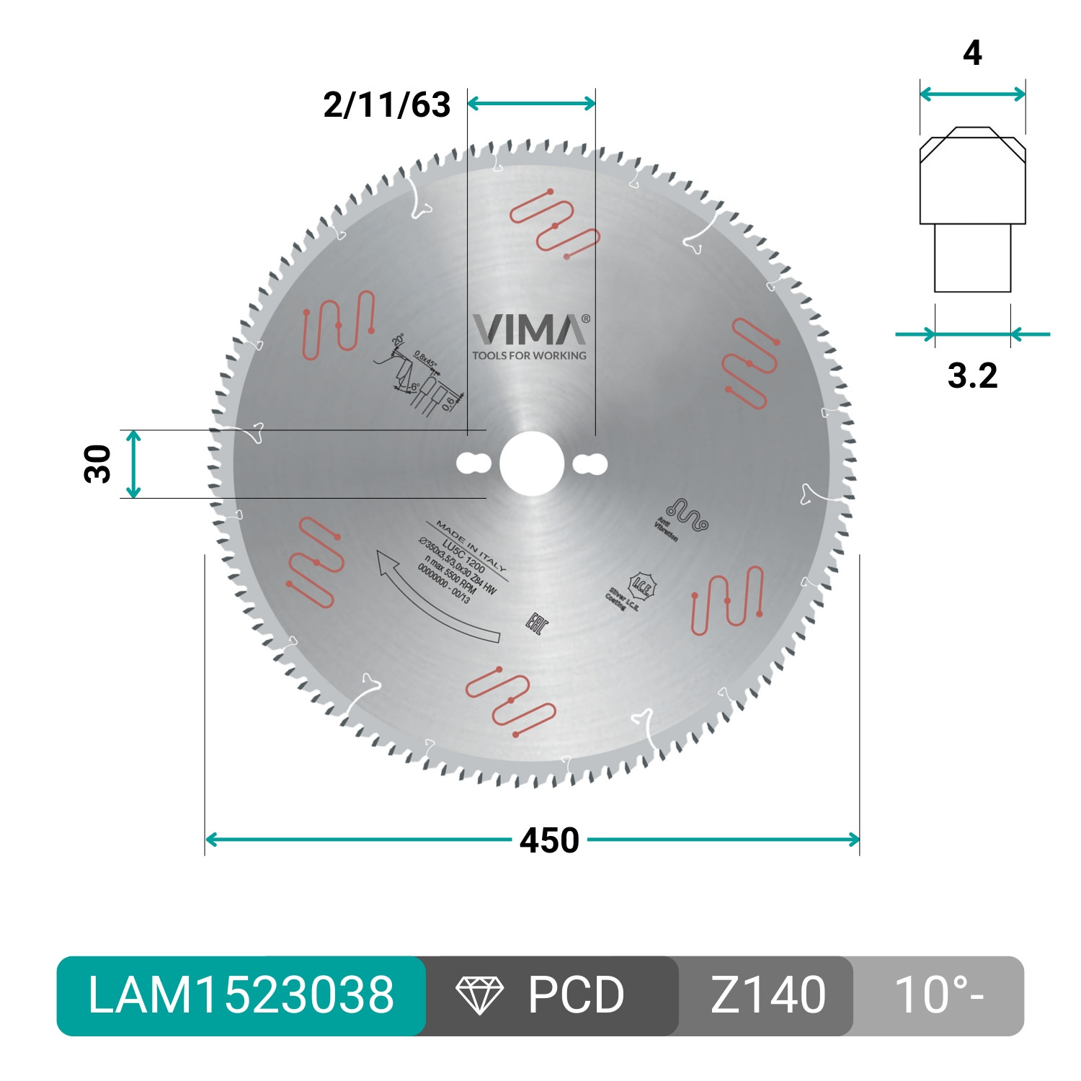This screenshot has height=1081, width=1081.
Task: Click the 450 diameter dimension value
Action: [549, 840]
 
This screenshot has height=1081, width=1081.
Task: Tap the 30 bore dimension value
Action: [99, 463]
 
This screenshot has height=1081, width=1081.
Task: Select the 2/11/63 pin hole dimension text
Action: [387, 105]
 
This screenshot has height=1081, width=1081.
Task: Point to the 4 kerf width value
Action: [972, 53]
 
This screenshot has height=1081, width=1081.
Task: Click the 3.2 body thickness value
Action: [972, 375]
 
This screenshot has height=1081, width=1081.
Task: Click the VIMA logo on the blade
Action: [530, 330]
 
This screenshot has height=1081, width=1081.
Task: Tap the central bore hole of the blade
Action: [532, 463]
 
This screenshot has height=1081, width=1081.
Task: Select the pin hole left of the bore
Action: [473, 463]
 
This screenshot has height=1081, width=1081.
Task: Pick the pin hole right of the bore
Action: [590, 463]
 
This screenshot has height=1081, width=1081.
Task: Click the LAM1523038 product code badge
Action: [241, 996]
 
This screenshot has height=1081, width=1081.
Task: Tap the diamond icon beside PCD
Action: [479, 996]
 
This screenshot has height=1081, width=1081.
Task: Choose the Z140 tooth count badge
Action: [768, 996]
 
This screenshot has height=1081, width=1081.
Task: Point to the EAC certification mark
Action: [536, 623]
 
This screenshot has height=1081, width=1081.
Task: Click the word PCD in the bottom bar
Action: [576, 996]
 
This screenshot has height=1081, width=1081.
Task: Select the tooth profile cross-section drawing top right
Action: [972, 209]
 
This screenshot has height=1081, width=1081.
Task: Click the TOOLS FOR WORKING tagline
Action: [529, 355]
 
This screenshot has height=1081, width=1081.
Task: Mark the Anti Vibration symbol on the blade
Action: [685, 516]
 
